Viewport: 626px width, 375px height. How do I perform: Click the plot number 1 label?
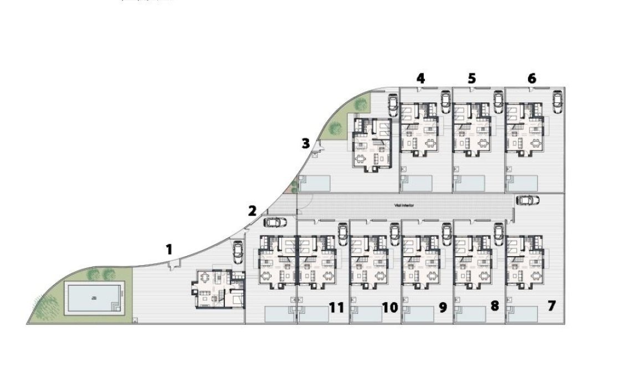coord(169,249)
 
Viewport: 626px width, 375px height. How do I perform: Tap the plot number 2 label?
coord(253,211)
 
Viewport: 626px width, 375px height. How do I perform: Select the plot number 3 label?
coord(306,144)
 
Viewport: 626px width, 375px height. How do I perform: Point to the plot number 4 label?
coord(420,79)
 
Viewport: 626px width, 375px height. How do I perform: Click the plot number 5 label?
coord(471,79)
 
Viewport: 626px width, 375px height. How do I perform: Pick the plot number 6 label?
coord(532,79)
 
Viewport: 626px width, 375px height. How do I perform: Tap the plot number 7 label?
coord(551,305)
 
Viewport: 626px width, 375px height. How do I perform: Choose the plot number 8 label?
coord(494,306)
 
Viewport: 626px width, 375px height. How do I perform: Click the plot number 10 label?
coord(390,308)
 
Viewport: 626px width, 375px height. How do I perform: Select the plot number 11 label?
coord(337,308)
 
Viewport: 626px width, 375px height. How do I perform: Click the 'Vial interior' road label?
coord(404,205)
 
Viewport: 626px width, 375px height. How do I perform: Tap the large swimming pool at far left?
coord(94,299)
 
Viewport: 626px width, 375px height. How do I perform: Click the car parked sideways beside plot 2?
coord(275,222)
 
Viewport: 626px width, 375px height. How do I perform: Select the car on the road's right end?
coord(527,200)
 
